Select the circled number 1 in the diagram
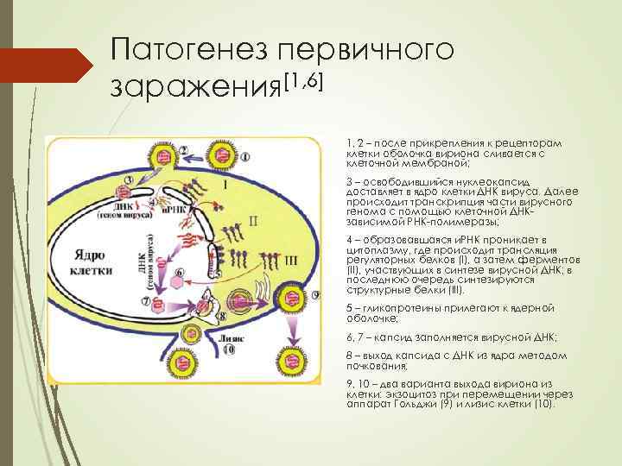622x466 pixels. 246,158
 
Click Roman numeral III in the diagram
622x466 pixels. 291,258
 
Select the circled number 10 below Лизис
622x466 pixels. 228,351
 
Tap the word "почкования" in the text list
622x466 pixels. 373,366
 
